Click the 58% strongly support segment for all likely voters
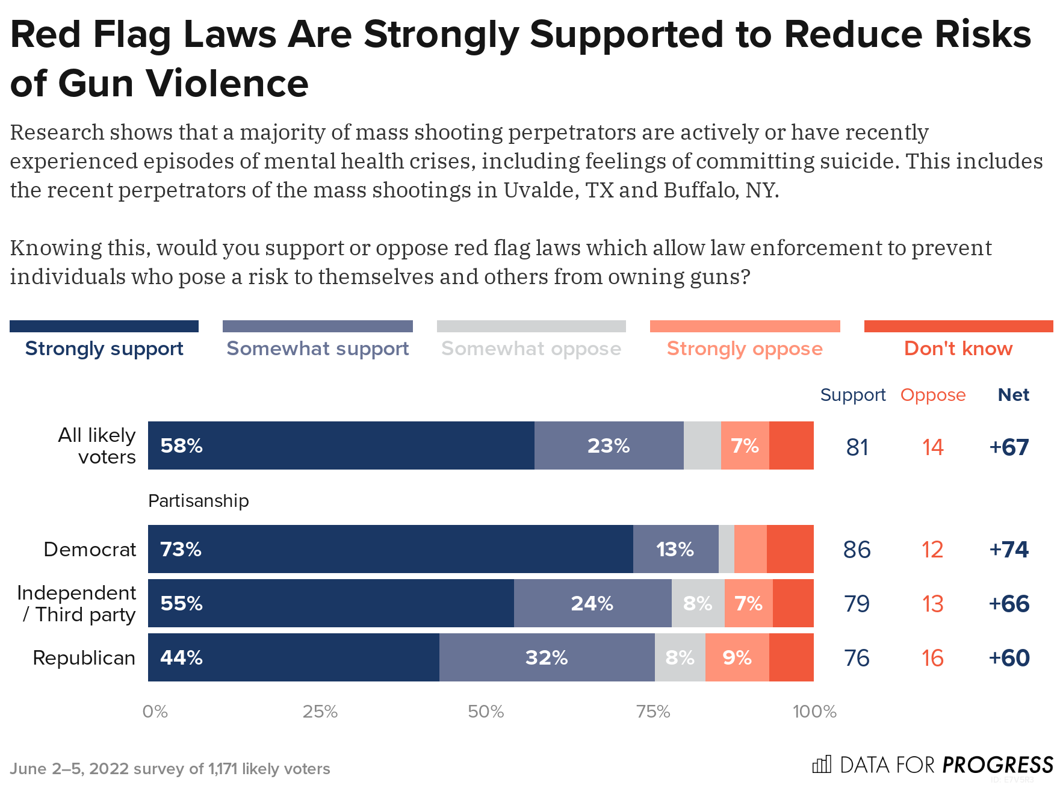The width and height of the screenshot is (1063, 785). (341, 445)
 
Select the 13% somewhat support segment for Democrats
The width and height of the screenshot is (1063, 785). (675, 549)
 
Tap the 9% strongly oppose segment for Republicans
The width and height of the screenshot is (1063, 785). (737, 657)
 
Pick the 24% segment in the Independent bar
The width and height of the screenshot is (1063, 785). (592, 603)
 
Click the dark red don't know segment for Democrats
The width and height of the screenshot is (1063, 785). (790, 549)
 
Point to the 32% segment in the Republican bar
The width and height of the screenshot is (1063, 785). (547, 657)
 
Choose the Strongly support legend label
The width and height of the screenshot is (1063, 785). (104, 349)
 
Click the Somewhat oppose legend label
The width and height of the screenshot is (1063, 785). (531, 349)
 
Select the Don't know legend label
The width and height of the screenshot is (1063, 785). (958, 349)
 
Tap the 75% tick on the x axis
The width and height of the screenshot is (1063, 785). (653, 712)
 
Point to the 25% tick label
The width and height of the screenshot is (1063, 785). (320, 712)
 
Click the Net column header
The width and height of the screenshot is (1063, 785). (1013, 395)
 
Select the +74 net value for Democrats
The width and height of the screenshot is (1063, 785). (1009, 550)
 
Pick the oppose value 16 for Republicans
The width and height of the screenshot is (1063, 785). (932, 658)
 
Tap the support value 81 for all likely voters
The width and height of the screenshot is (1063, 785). (857, 447)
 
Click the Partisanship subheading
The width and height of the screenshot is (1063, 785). (198, 501)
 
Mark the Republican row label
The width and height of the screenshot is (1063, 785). (84, 658)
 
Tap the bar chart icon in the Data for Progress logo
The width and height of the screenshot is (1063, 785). (822, 765)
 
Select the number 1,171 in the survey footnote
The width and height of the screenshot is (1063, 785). (223, 769)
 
